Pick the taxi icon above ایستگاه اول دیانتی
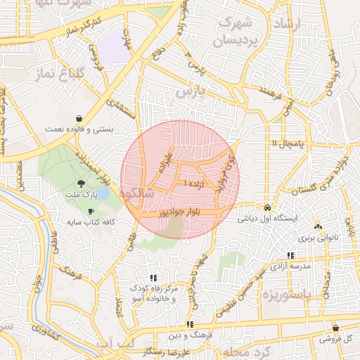(x=268, y=208)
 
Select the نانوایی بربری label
(x=319, y=237)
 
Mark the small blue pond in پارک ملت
(x=102, y=192)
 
